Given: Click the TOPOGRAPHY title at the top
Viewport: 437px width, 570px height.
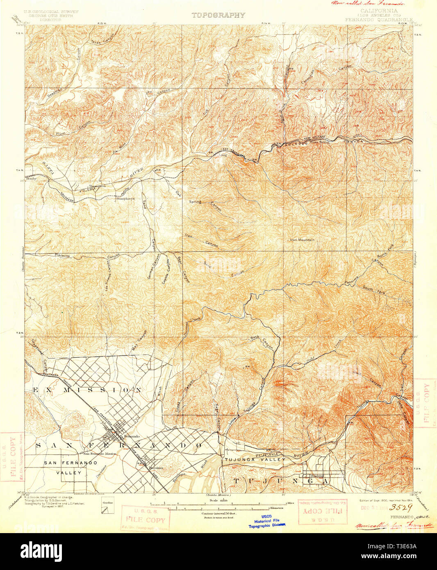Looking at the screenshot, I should coord(218,15).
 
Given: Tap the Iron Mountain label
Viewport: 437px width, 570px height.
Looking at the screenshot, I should coord(302,239).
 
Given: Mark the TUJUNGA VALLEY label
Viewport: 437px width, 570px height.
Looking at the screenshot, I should coord(255,460).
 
